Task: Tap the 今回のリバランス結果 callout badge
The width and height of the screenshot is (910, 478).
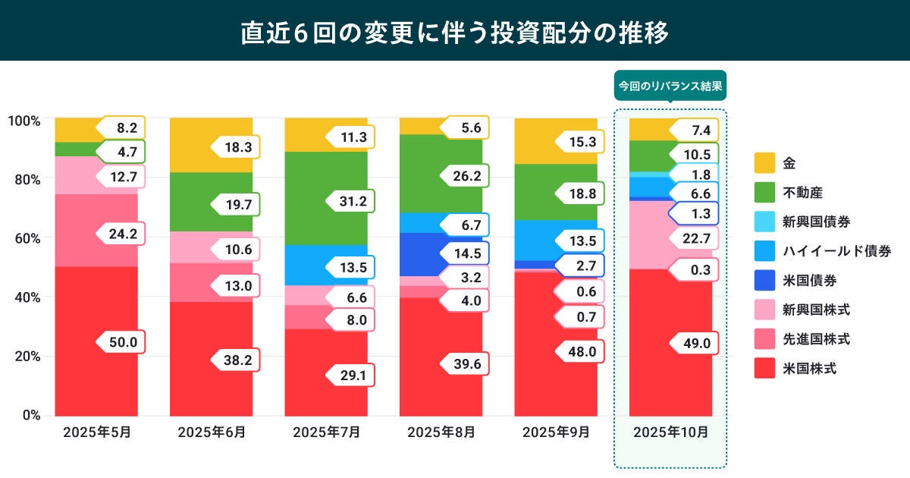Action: coord(670,86)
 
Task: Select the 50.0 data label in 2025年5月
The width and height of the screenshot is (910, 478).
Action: coord(121,342)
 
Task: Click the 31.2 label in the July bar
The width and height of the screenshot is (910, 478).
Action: coord(352,202)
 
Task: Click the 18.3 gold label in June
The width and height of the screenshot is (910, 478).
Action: coord(237,146)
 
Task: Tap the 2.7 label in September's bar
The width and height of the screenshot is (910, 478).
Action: coord(581,266)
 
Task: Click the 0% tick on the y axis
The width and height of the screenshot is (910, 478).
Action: coord(31,415)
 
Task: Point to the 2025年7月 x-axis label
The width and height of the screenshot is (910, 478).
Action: coord(326,432)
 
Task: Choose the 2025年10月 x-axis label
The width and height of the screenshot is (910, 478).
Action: coord(671,432)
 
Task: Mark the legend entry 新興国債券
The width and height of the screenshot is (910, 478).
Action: coord(815,222)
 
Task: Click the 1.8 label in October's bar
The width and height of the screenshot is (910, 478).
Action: coord(695,175)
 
